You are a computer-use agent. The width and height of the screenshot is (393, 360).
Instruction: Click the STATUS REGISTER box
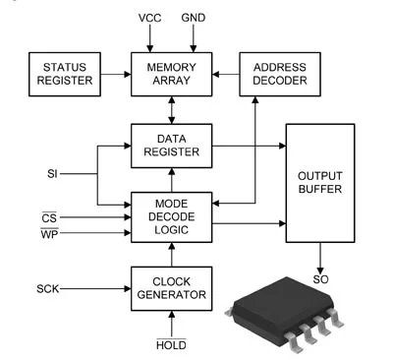coord(65,74)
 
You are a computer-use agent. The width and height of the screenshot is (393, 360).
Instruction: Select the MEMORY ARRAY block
coord(171,74)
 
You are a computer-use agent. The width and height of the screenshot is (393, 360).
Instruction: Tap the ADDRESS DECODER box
coord(280,74)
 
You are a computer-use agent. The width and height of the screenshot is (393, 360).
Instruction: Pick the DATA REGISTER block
coord(171,146)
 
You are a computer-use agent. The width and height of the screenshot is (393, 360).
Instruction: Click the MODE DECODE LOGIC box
coord(171,217)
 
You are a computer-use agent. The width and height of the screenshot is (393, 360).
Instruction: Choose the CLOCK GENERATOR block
coord(171,288)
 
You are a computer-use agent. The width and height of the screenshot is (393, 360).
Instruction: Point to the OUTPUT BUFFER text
coord(320,182)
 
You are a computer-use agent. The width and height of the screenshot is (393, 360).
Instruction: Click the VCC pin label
coord(149,18)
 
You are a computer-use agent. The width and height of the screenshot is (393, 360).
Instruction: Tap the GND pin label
coord(194,18)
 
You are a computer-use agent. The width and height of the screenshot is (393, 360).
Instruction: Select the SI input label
coord(52,174)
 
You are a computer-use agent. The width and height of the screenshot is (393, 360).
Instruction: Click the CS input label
coord(49,217)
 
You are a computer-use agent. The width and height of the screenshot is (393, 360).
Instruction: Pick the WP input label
coord(49,234)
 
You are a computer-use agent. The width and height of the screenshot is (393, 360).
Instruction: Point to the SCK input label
coord(48,289)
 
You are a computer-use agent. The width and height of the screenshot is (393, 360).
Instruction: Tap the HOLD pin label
coord(171,344)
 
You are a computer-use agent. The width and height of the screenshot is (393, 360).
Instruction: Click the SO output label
coord(320,279)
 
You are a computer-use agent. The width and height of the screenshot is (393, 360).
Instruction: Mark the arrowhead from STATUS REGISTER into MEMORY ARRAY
coord(128,74)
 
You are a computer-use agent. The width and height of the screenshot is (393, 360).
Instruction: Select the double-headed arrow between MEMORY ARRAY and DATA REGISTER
coord(171,110)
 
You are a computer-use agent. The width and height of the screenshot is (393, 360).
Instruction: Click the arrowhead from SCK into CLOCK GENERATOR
coord(128,288)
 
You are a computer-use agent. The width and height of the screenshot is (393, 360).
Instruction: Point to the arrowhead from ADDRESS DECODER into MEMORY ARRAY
coord(216,74)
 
